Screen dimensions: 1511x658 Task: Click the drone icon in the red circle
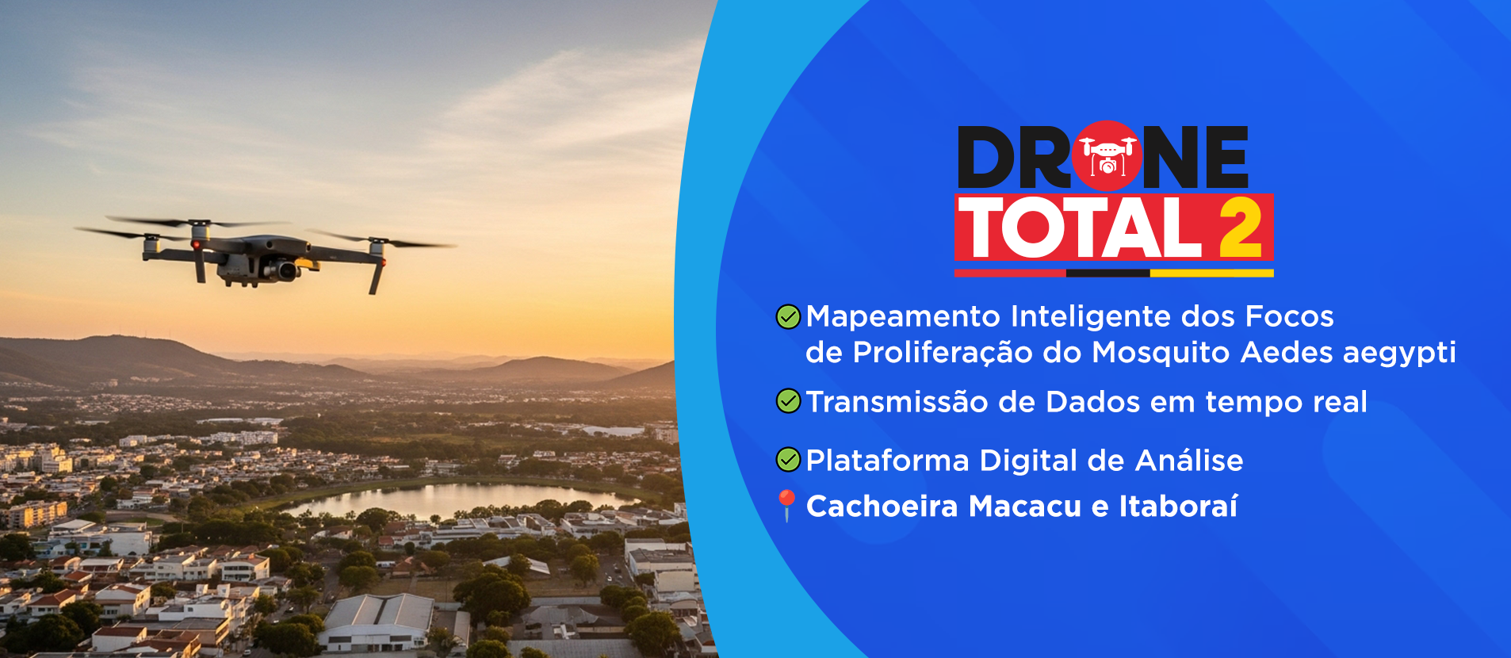1107,155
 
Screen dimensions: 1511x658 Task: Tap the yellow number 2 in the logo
1240,228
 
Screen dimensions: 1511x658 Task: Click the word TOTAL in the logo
1080,228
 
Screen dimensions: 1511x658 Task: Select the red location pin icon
786,505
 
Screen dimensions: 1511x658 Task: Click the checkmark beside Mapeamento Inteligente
788,317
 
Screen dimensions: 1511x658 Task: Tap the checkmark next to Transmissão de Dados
788,401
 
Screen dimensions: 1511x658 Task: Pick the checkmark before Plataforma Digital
788,460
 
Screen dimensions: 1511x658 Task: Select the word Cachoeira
882,506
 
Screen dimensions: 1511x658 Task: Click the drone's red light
196,244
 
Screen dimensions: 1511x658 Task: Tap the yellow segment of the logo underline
1211,273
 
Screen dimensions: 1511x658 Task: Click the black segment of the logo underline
1107,273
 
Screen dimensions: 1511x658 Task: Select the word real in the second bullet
1340,402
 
